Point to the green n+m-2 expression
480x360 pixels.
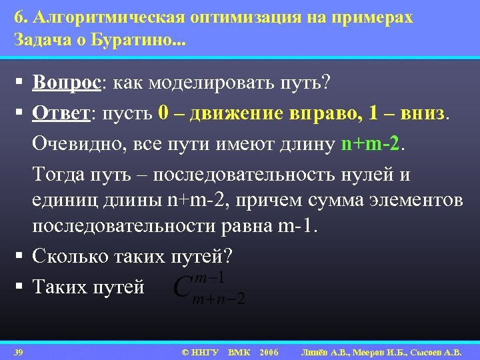(369, 143)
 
